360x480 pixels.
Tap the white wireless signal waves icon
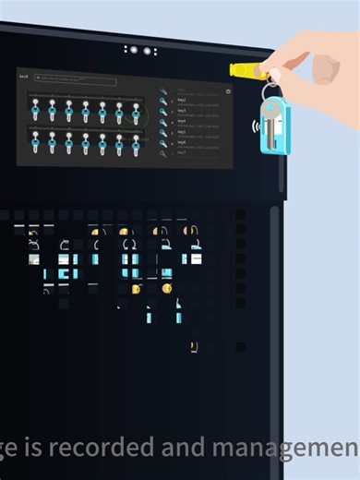[x=254, y=126]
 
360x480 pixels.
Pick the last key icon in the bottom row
[x=136, y=143]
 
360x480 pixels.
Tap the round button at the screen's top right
[x=228, y=91]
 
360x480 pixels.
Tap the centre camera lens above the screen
[x=135, y=50]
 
